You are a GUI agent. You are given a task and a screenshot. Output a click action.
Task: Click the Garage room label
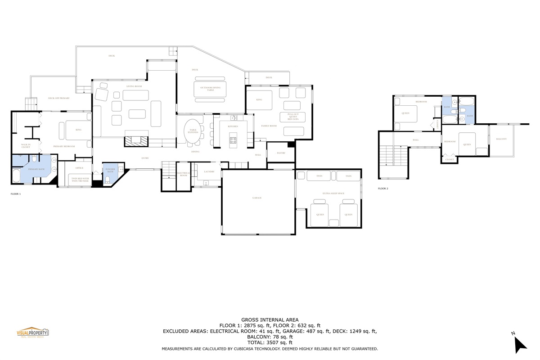[x=257, y=198]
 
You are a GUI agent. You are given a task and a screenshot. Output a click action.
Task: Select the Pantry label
[x=281, y=153]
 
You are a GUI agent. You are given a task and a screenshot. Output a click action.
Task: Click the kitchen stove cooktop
[x=233, y=139]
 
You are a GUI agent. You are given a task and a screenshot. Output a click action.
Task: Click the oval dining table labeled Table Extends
[x=193, y=131]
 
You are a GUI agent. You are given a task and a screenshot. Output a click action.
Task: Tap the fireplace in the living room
[x=136, y=141]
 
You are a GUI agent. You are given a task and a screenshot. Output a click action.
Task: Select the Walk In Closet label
[x=26, y=146]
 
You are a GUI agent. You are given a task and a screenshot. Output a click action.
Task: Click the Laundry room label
[x=209, y=171]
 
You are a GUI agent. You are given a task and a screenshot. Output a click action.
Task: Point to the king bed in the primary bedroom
[x=78, y=130]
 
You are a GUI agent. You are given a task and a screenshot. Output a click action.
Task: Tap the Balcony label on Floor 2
[x=501, y=139]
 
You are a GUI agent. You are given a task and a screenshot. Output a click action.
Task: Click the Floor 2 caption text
[x=383, y=189]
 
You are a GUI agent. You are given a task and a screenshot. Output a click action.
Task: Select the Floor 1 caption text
[x=16, y=194]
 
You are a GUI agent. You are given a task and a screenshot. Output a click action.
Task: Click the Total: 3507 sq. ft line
[x=270, y=342]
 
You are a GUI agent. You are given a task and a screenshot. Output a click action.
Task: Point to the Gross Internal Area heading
[x=270, y=319]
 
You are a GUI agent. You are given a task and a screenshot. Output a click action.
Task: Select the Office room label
[x=80, y=168]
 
